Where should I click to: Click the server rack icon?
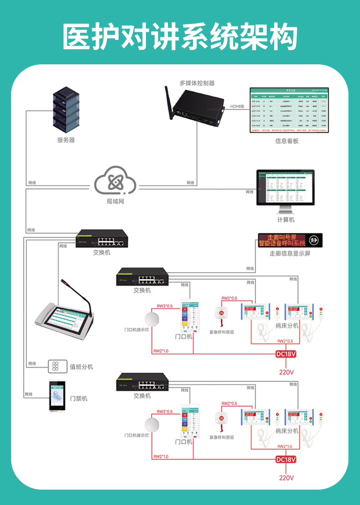click(66, 112)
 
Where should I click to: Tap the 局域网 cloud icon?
click(115, 182)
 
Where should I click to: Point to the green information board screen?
click(288, 110)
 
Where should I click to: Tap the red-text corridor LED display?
click(282, 240)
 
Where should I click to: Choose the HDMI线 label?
click(237, 107)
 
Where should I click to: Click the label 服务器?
click(66, 140)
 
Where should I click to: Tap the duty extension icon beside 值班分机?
click(56, 366)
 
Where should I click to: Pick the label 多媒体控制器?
click(197, 83)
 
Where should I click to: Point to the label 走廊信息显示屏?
click(289, 253)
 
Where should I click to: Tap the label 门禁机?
click(79, 398)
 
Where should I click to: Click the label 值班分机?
click(82, 367)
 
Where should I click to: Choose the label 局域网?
click(115, 202)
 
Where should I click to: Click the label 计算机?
click(286, 220)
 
